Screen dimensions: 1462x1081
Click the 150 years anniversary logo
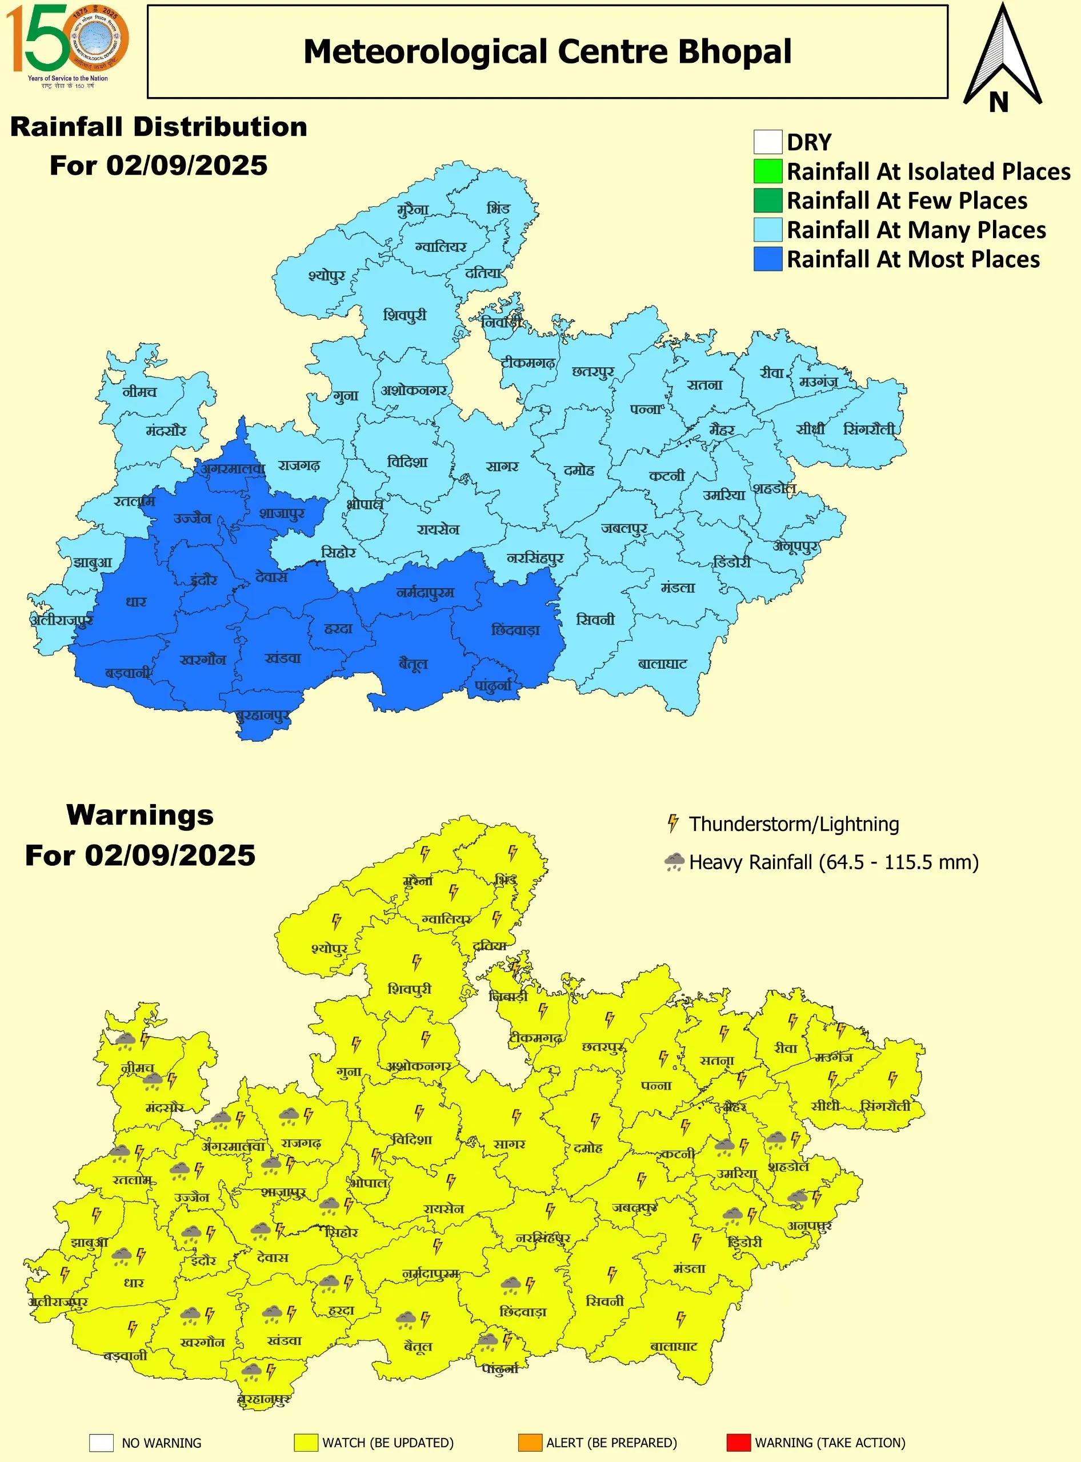[67, 45]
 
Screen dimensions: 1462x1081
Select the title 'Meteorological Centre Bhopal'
[547, 51]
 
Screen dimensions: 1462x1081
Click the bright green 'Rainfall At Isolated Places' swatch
[767, 171]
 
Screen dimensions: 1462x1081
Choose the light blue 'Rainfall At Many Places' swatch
[767, 230]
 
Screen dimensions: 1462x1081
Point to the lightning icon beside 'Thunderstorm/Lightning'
[672, 824]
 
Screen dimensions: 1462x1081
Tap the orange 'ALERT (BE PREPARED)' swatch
[530, 1443]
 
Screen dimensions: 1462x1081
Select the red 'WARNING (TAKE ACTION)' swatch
[738, 1443]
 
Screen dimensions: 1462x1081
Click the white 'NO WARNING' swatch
[102, 1443]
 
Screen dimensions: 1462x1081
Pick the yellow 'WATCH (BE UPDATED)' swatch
[306, 1443]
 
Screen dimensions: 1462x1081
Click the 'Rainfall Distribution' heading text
[159, 127]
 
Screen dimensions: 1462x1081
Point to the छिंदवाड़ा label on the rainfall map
[515, 630]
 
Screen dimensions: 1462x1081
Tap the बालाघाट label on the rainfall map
[662, 664]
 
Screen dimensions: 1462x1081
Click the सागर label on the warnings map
[509, 1144]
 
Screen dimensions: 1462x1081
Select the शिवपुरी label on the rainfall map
[405, 315]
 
